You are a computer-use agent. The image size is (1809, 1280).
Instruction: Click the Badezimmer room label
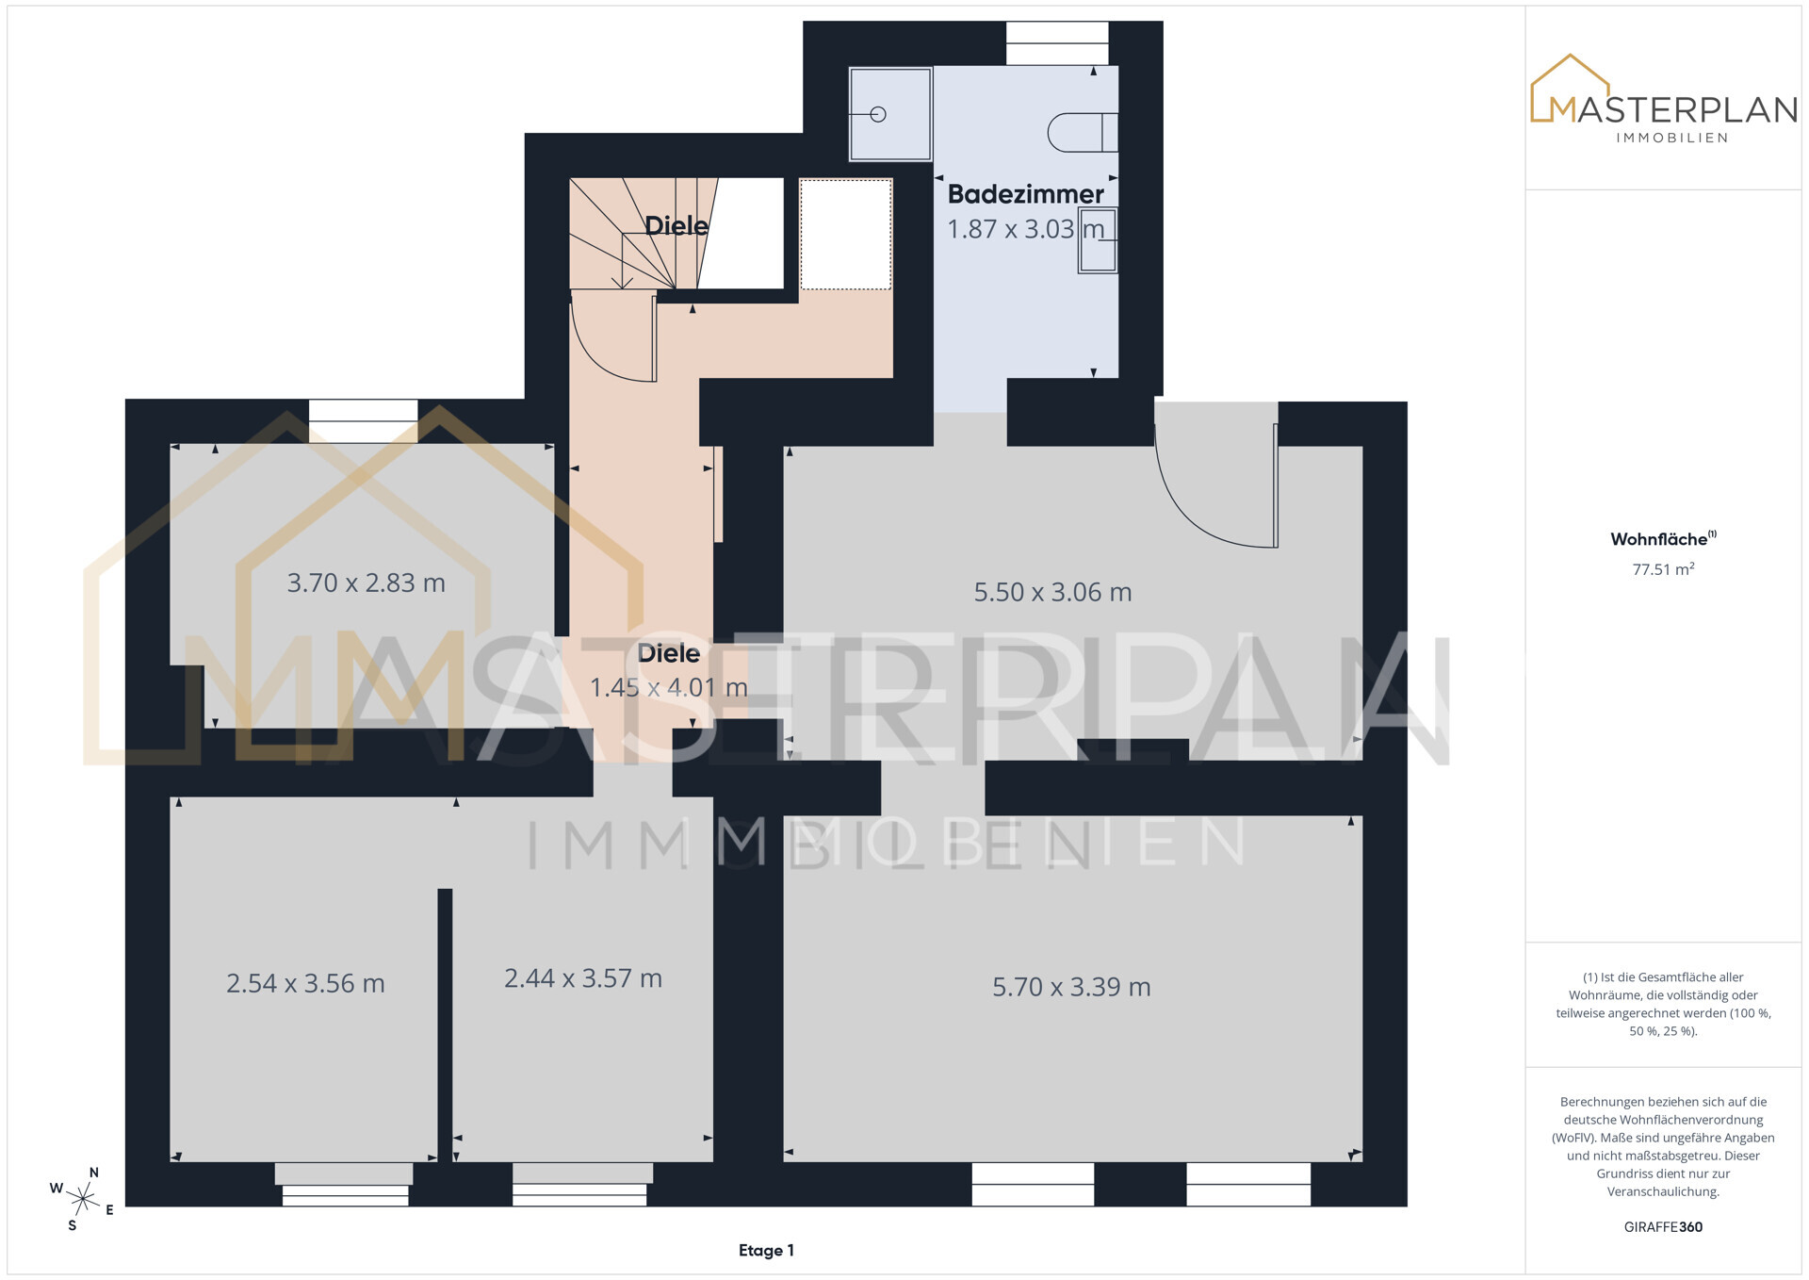(x=1025, y=194)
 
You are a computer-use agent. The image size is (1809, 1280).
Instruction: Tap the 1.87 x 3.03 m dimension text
(x=1025, y=229)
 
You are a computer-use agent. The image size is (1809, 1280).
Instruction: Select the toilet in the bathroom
(x=1083, y=132)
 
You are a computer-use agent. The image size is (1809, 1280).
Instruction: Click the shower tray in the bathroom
(x=890, y=114)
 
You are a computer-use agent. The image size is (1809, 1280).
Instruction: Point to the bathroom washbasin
(x=1098, y=241)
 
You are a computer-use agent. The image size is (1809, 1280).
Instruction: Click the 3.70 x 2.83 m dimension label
(x=366, y=583)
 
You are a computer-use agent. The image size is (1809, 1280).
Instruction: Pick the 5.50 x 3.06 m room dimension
(x=1052, y=593)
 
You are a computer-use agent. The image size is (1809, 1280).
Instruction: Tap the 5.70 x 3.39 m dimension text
(x=1071, y=988)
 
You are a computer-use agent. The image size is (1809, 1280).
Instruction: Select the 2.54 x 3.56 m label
(x=305, y=984)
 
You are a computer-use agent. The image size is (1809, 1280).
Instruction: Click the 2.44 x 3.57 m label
(x=583, y=978)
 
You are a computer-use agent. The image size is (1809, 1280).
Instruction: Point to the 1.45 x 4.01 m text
(x=669, y=688)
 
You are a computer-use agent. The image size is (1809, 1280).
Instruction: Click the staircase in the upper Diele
(x=644, y=233)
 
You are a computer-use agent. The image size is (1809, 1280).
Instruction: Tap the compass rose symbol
(x=83, y=1199)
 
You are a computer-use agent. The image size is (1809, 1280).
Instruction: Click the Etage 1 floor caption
(x=766, y=1251)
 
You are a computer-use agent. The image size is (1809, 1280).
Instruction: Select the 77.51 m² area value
(x=1663, y=569)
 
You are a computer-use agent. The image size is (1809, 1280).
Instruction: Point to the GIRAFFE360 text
(x=1663, y=1227)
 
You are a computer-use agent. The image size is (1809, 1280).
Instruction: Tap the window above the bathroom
(x=1057, y=43)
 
